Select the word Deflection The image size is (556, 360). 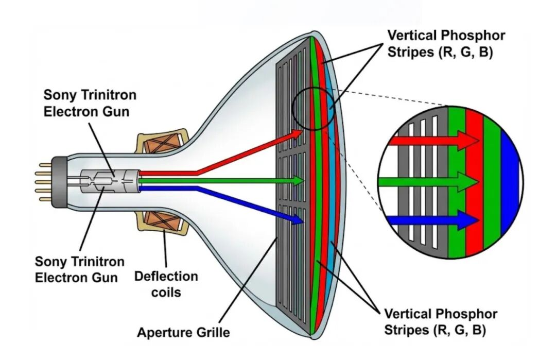(166, 277)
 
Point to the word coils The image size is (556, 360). (165, 292)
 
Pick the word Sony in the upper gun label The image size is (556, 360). (58, 95)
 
